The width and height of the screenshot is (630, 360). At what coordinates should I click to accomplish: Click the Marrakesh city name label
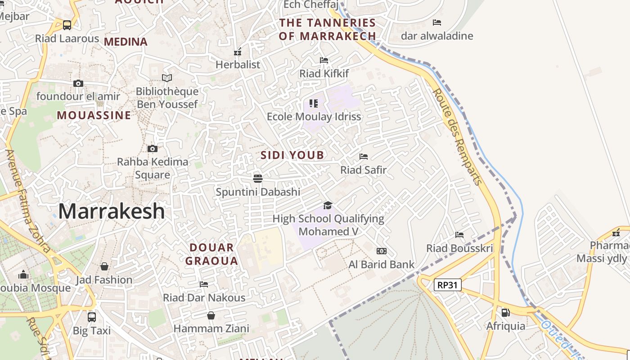tap(112, 211)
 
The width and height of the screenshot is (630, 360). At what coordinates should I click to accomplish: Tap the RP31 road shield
tap(448, 285)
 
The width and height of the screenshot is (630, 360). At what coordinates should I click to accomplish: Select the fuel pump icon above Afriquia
tap(505, 312)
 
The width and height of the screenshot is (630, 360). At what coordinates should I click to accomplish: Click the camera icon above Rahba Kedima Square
tap(153, 148)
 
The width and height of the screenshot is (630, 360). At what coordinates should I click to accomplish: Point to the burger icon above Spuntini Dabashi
tap(257, 179)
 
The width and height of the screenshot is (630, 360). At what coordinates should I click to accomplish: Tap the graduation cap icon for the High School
tap(328, 206)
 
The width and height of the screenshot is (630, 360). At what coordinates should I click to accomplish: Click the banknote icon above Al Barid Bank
tap(381, 251)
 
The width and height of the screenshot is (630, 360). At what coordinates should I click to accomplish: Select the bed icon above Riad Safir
tap(364, 157)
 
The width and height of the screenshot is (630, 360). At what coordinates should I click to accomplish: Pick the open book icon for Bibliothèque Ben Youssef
tap(167, 78)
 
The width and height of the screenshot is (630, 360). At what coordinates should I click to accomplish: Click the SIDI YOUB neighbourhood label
tap(292, 155)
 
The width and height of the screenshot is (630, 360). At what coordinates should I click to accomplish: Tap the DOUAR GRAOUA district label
tap(211, 254)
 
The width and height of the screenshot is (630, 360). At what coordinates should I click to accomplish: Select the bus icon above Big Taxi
tap(92, 317)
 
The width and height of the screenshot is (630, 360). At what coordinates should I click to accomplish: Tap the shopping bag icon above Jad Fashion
tap(104, 266)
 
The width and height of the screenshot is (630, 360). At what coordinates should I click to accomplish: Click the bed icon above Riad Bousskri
tap(459, 235)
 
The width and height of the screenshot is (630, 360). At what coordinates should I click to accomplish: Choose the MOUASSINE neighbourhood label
tap(94, 115)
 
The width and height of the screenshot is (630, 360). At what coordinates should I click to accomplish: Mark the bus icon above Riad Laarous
tap(67, 25)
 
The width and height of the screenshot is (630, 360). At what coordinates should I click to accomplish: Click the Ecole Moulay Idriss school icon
tap(314, 103)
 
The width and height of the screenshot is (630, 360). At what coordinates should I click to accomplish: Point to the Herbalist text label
tap(238, 64)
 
